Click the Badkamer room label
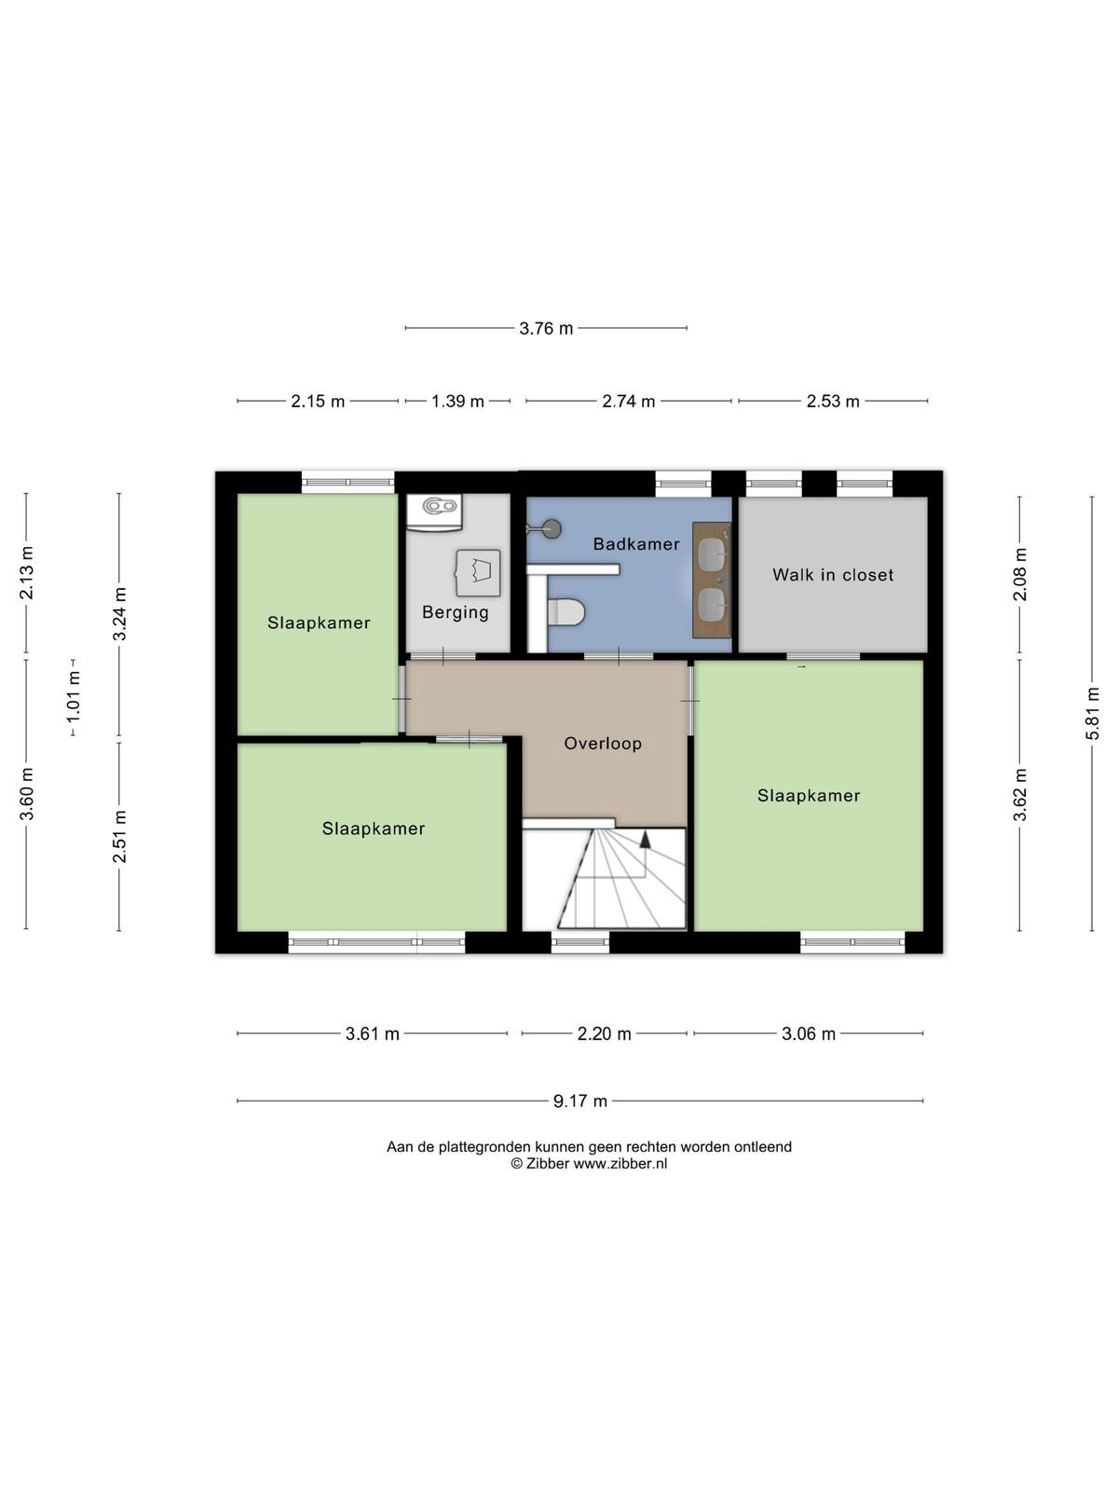click(x=635, y=543)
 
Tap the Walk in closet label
click(x=832, y=575)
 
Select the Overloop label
click(x=603, y=744)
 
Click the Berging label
click(x=455, y=612)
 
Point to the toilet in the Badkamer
click(x=565, y=610)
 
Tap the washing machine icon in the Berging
click(x=479, y=573)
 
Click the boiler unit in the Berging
click(x=434, y=513)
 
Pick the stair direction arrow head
click(x=645, y=840)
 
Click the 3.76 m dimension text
click(x=546, y=328)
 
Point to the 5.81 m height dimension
click(x=1092, y=713)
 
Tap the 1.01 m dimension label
click(x=74, y=697)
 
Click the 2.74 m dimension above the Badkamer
click(x=629, y=402)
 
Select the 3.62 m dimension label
click(x=1019, y=795)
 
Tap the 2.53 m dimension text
click(x=833, y=402)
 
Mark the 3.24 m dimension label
click(x=119, y=614)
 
